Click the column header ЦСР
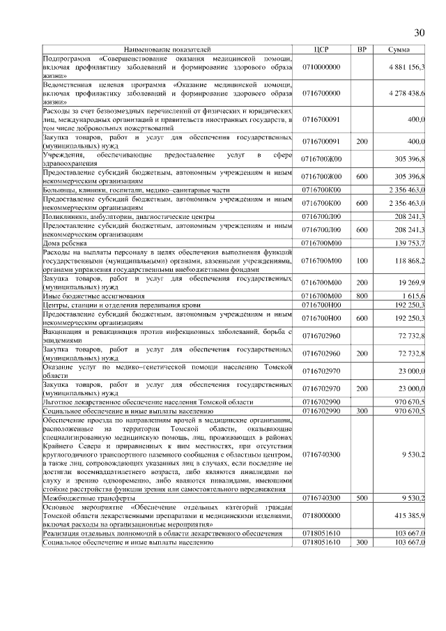click(x=321, y=50)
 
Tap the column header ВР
click(x=361, y=50)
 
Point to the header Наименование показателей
click(x=167, y=50)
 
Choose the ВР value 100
click(x=361, y=259)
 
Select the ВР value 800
click(x=361, y=296)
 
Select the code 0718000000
click(x=321, y=515)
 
